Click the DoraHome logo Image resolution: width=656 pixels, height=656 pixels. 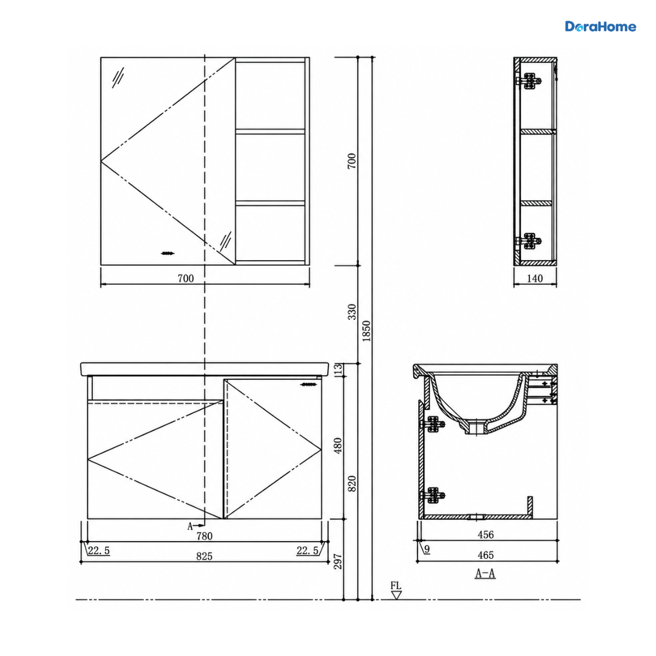pos(600,27)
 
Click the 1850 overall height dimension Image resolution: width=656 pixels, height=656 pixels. pos(366,331)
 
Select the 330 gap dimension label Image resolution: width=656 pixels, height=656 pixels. pos(352,312)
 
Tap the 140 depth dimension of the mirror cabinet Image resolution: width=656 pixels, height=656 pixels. pos(535,278)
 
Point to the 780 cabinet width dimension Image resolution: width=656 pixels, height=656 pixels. pos(204,536)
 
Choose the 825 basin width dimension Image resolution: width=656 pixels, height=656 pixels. pos(204,557)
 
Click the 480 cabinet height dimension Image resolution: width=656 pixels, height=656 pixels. pos(337,446)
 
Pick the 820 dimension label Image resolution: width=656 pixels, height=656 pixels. pos(352,483)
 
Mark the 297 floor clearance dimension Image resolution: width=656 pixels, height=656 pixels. pos(337,561)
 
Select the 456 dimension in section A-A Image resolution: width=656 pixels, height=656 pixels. pos(485,535)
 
